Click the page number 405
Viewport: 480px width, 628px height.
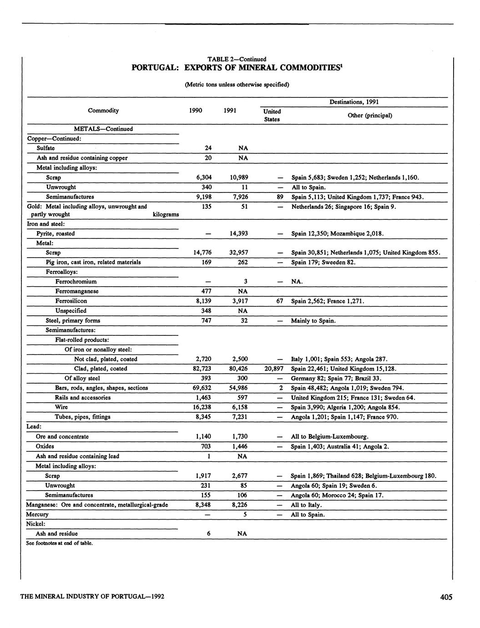coord(446,597)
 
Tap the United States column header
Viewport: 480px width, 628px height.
coord(272,115)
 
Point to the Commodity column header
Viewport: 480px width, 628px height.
coord(103,111)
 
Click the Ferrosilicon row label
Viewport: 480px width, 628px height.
coord(71,301)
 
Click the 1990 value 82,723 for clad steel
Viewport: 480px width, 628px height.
coord(202,369)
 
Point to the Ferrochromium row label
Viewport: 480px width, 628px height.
coord(76,282)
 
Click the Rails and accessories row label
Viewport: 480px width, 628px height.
coord(83,397)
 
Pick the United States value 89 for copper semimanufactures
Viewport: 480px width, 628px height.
coord(280,197)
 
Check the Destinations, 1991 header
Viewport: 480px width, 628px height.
coord(354,102)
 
